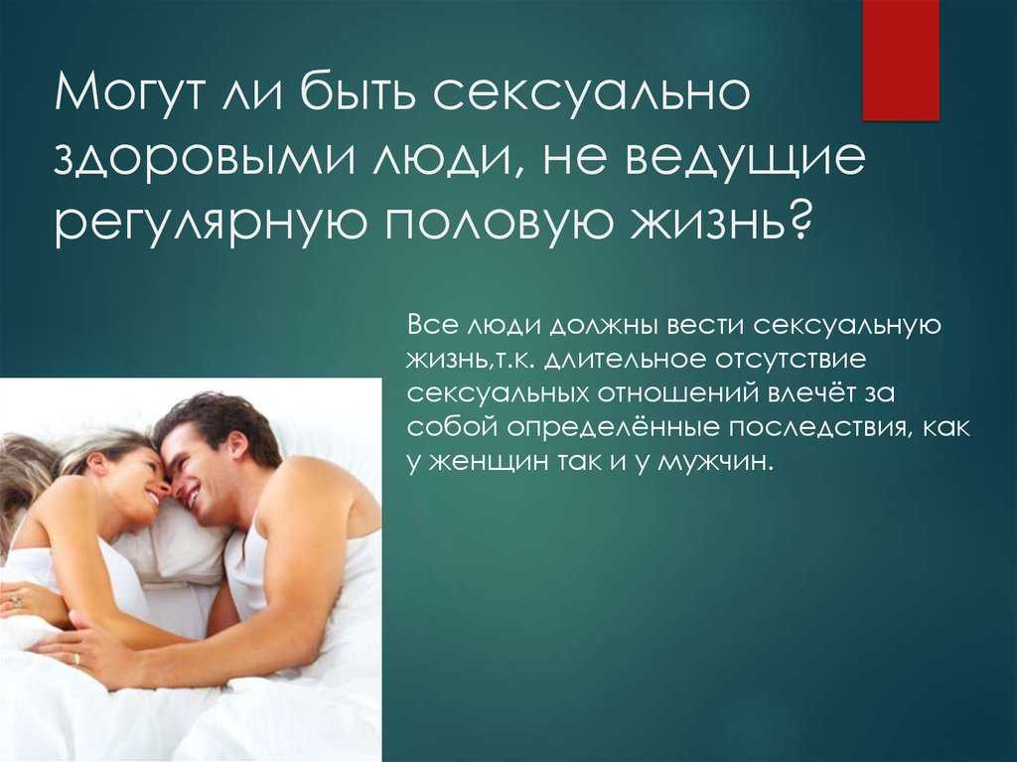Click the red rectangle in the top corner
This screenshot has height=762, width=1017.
(900, 60)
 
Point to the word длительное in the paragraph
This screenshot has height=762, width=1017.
(623, 360)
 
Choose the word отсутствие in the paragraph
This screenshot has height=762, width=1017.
(790, 359)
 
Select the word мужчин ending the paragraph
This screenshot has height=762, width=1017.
(715, 462)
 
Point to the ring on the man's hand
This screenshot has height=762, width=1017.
(76, 659)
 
